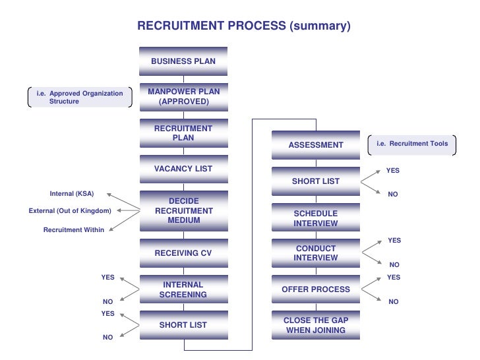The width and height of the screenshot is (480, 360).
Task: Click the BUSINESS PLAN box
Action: [x=183, y=61]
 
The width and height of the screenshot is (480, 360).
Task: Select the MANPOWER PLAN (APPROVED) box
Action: [x=183, y=97]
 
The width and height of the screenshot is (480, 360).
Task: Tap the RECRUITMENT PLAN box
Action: [x=183, y=133]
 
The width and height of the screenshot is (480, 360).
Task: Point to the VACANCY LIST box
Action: [x=183, y=169]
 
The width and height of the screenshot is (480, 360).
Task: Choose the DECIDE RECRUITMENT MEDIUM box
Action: [x=183, y=210]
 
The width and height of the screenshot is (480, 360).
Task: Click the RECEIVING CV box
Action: [x=183, y=253]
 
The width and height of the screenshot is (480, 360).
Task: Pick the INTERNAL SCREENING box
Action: [x=183, y=289]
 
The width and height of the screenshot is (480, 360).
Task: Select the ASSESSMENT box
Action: [x=316, y=145]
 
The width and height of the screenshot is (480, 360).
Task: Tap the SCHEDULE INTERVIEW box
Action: [x=316, y=218]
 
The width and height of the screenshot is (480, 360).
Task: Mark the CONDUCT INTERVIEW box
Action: [x=316, y=253]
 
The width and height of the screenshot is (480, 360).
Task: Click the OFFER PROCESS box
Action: [x=316, y=289]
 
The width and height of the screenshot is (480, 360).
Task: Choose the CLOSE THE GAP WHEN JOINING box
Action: [x=316, y=325]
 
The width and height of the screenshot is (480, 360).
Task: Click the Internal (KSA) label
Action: [x=72, y=194]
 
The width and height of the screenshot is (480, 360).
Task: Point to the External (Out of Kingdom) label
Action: [x=70, y=211]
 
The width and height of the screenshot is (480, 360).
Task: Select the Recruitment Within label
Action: [x=74, y=229]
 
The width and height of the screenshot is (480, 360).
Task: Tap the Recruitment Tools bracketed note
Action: [x=412, y=144]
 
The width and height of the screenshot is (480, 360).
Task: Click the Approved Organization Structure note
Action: [x=80, y=98]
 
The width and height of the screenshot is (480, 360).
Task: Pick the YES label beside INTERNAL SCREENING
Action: [x=108, y=278]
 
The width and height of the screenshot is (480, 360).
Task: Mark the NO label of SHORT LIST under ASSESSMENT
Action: [x=393, y=195]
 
